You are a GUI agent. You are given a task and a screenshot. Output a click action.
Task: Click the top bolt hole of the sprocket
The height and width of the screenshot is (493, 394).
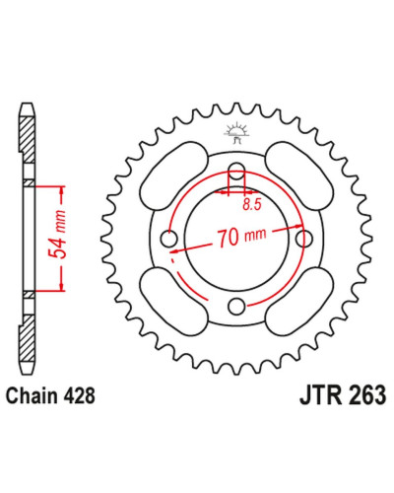coord(236,172)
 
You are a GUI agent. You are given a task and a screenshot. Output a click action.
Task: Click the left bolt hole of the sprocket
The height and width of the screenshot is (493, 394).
coord(169,239)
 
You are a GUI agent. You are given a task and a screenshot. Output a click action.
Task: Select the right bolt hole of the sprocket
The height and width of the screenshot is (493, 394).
coord(304,239)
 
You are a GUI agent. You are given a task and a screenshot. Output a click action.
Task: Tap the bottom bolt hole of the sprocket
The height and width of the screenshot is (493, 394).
coord(236,307)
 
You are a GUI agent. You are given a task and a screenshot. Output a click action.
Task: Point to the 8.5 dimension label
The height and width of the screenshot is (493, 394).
coord(252,204)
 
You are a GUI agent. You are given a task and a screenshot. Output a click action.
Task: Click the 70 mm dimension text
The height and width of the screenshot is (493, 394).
coord(241,237)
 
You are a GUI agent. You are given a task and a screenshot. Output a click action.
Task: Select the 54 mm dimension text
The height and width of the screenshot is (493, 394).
coord(57,234)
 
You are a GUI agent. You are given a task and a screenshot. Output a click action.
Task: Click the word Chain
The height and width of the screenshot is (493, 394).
coord(32,395)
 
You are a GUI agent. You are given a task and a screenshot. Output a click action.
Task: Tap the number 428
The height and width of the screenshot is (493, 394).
coord(79,395)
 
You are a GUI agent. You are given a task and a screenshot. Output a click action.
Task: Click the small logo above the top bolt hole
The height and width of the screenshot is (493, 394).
coord(236,132)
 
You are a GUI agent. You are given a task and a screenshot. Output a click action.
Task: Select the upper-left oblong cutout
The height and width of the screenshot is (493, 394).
coord(173,174)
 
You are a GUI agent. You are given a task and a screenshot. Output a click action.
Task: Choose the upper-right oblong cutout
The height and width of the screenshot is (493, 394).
coord(299,174)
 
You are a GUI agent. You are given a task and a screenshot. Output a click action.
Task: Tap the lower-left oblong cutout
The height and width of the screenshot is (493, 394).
coord(173,301)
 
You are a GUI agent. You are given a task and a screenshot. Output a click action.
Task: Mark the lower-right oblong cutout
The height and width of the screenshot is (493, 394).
coord(299,301)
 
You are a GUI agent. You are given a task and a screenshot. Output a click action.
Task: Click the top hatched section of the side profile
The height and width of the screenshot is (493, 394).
coord(27,139)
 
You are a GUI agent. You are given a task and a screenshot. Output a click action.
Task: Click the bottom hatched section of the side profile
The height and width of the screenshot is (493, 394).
coord(27,338)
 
